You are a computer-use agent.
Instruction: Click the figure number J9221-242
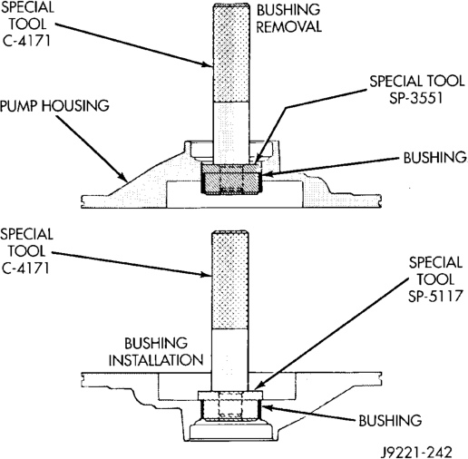(x=416, y=452)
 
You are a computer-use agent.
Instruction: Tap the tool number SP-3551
(x=415, y=98)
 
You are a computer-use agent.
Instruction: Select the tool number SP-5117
(x=435, y=296)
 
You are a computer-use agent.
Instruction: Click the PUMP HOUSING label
(x=54, y=105)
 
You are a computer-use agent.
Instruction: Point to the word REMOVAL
(x=288, y=26)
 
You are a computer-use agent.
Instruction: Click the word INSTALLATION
(x=156, y=360)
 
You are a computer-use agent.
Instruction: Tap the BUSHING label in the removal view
(x=434, y=158)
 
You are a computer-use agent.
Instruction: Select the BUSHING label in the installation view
(x=390, y=420)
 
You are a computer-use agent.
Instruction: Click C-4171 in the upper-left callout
(x=26, y=41)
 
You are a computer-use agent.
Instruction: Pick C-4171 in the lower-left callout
(x=25, y=268)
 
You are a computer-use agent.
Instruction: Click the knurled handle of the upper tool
(x=231, y=53)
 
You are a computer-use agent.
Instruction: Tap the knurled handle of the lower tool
(x=230, y=280)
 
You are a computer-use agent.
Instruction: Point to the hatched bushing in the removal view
(x=230, y=179)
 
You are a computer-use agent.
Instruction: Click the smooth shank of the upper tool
(x=231, y=132)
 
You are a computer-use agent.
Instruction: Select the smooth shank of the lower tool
(x=230, y=360)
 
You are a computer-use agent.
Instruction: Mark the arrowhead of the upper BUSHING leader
(x=266, y=174)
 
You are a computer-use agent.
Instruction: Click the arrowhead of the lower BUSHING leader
(x=266, y=407)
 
